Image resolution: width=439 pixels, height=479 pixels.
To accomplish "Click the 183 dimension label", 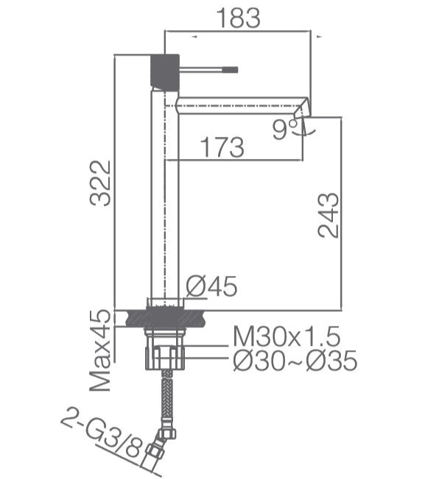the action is [239, 18].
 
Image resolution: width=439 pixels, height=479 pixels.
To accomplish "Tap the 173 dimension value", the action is [222, 147].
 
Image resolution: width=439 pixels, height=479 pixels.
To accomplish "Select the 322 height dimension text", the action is [100, 183].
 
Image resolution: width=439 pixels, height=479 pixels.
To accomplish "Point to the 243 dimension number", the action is [329, 216].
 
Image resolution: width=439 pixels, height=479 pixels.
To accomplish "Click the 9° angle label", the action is [285, 129].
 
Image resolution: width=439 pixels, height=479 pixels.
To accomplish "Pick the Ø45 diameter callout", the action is [211, 286].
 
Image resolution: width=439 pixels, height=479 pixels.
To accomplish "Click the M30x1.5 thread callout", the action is [287, 336].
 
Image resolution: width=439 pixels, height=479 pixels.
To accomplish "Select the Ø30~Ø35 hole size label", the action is [295, 361].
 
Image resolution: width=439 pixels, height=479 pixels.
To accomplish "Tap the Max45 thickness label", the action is [100, 350].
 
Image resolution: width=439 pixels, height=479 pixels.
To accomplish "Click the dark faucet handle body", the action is [165, 72].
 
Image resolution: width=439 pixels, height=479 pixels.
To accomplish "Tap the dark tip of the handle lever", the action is [231, 69].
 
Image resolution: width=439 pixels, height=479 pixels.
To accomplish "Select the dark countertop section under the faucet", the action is [165, 319].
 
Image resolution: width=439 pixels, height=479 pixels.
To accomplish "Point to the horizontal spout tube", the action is [239, 105].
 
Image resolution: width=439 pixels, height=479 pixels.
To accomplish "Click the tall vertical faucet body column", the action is [165, 196].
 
